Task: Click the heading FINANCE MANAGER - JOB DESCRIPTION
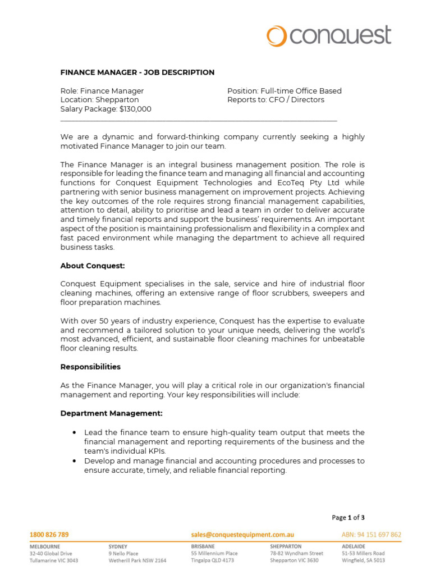click(x=137, y=72)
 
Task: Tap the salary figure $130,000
click(x=135, y=109)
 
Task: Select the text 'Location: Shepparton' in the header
click(x=99, y=100)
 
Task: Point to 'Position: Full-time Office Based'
click(x=284, y=91)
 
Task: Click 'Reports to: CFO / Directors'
click(x=276, y=100)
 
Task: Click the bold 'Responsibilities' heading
click(x=90, y=367)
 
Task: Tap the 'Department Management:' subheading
click(x=112, y=413)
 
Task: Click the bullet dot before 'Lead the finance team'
click(x=75, y=433)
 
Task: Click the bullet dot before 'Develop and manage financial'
click(x=75, y=461)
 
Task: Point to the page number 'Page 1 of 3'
click(x=348, y=518)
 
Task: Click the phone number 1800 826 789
click(x=49, y=535)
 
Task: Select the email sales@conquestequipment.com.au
click(x=242, y=535)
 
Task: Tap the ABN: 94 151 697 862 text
click(x=372, y=535)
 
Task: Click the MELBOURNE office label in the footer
click(x=45, y=546)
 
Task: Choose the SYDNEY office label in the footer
click(x=118, y=546)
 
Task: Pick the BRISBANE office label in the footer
click(x=203, y=546)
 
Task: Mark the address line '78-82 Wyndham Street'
click(x=296, y=553)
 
